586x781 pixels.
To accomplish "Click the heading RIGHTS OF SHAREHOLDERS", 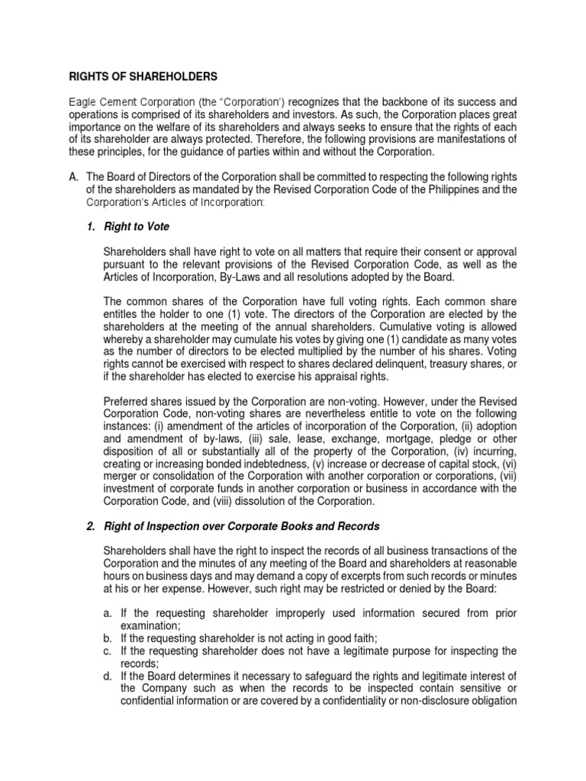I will [143, 76].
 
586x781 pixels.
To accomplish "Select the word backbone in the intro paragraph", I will [401, 101].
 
